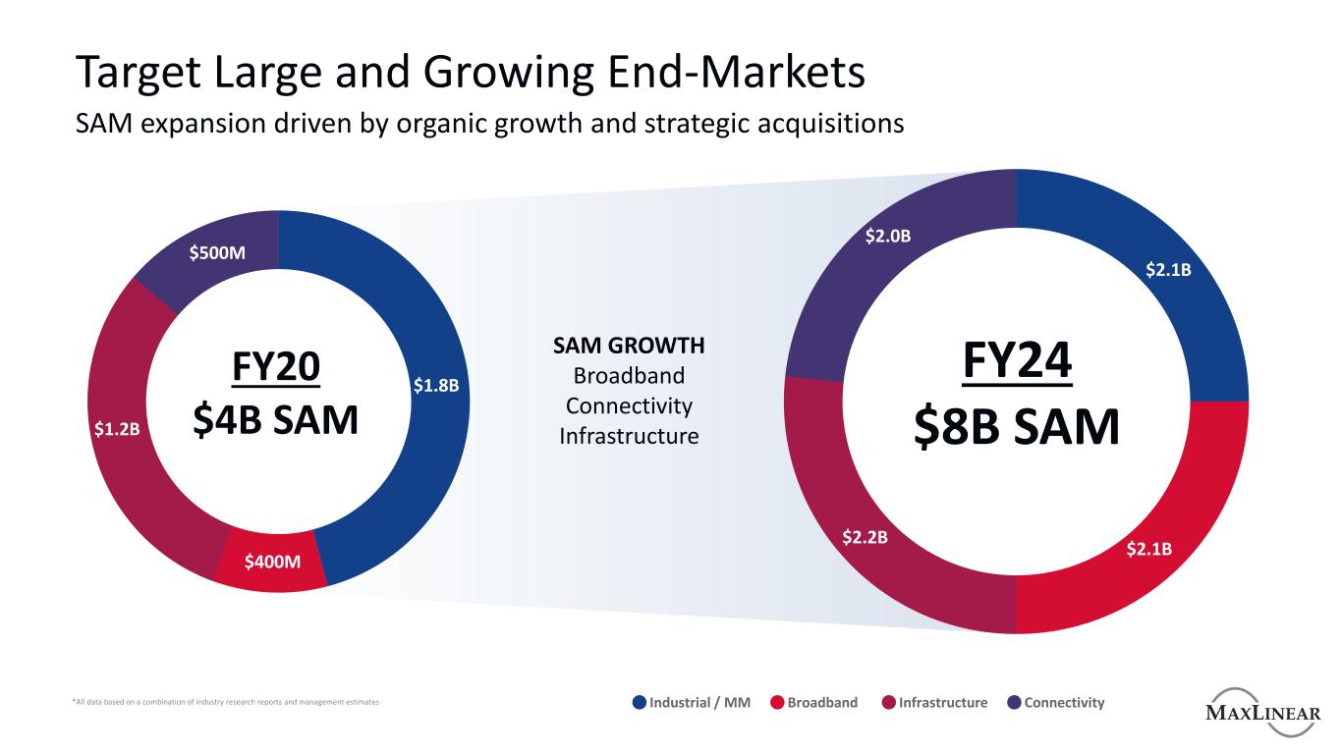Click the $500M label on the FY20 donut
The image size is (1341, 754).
(217, 253)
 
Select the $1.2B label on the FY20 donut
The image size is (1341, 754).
(117, 429)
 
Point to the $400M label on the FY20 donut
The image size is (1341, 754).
(272, 562)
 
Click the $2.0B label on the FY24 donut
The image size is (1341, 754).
(887, 237)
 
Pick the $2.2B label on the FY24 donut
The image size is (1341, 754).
(866, 537)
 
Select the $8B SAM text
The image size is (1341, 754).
(1016, 427)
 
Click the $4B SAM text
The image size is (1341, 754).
(278, 419)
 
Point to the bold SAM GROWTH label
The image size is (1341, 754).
(629, 346)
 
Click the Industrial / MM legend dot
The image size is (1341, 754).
(640, 703)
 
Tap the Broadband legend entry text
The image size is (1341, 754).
(821, 703)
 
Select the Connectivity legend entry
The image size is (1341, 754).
(1064, 703)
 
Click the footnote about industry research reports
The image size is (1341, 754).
(226, 703)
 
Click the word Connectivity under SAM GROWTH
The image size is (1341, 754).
(629, 405)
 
